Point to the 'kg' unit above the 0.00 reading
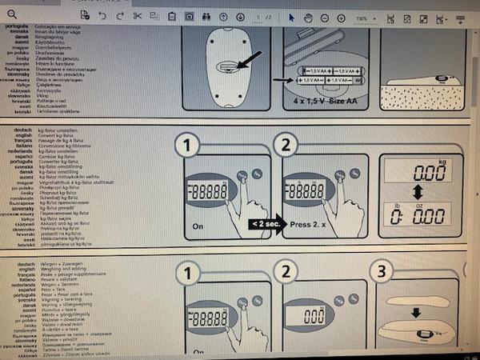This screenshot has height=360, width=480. click(x=454, y=162)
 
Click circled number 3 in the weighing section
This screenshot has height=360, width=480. click(x=382, y=271)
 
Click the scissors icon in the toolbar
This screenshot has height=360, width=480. click(x=138, y=16)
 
